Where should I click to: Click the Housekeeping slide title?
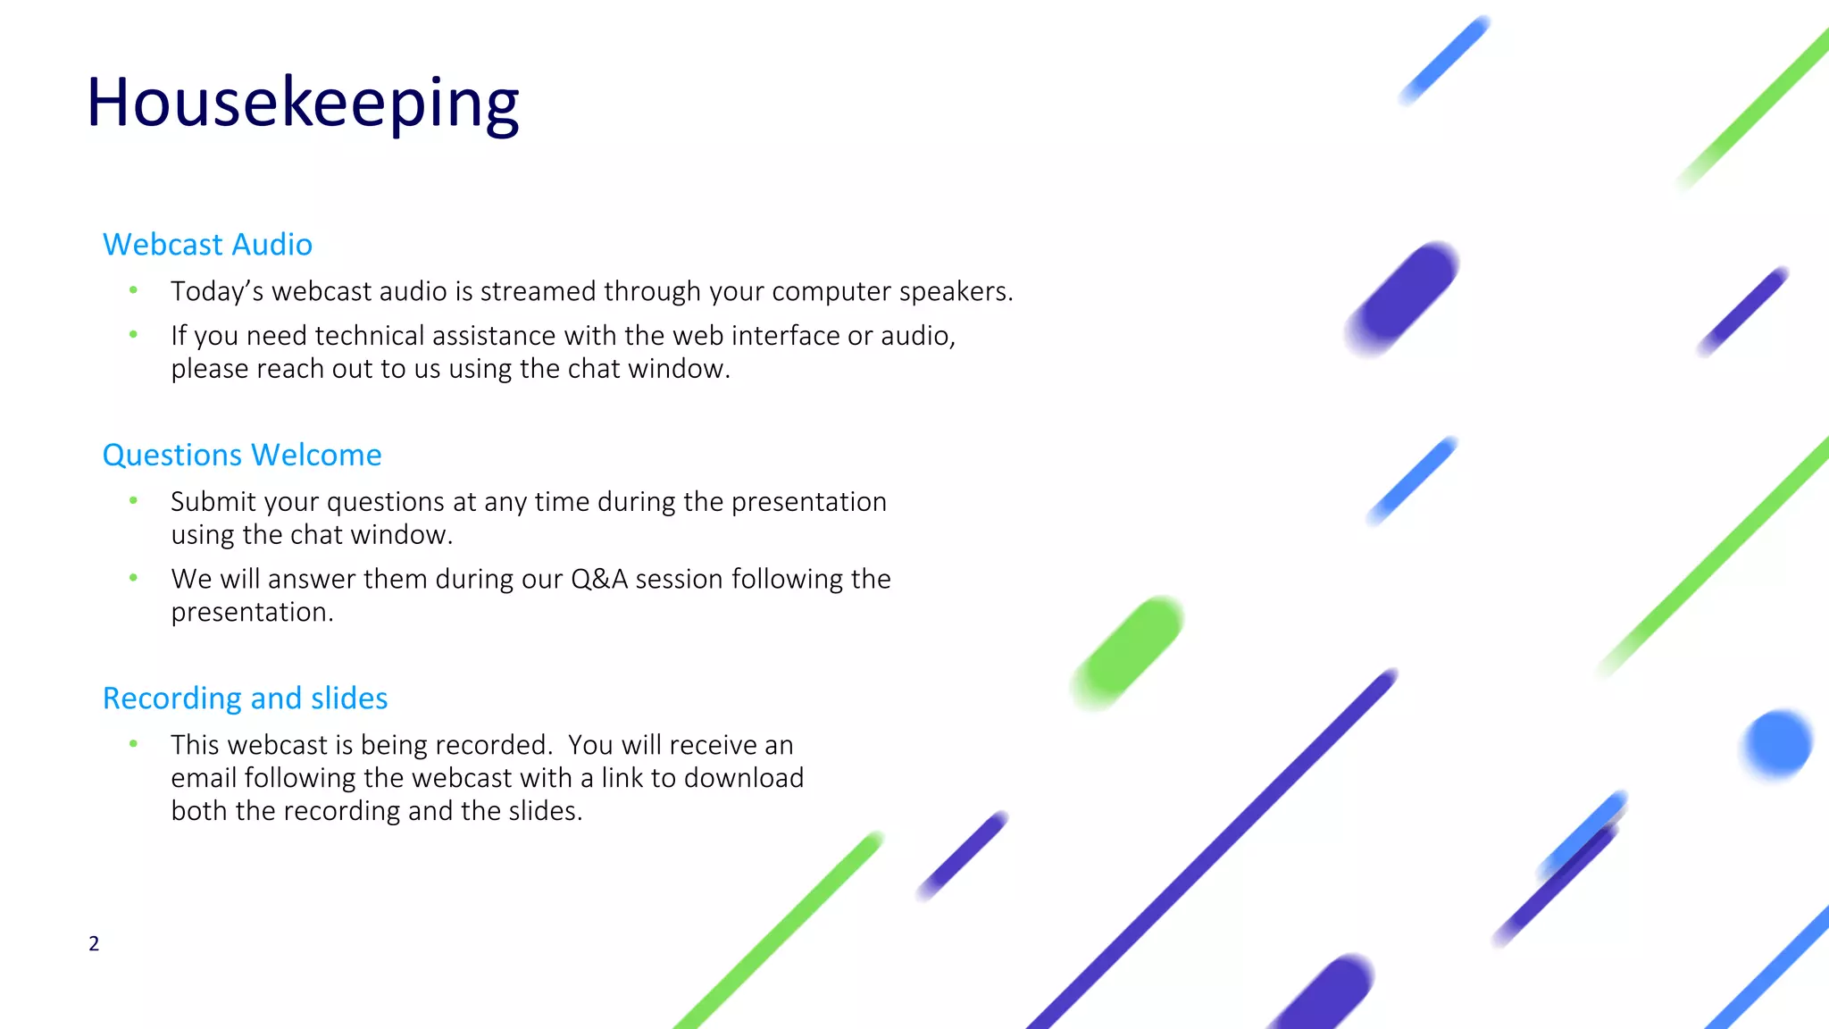pyautogui.click(x=302, y=103)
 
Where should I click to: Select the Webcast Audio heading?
pyautogui.click(x=207, y=245)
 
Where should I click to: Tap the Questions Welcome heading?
pyautogui.click(x=242, y=456)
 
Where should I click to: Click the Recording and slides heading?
pyautogui.click(x=245, y=699)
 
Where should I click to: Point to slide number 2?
pyautogui.click(x=94, y=943)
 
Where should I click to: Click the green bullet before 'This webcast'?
pyautogui.click(x=133, y=743)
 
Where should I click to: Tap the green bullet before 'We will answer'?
pyautogui.click(x=133, y=578)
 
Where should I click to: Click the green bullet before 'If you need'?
pyautogui.click(x=133, y=334)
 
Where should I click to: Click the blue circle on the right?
pyautogui.click(x=1777, y=743)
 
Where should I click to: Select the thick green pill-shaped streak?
pyautogui.click(x=1129, y=652)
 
